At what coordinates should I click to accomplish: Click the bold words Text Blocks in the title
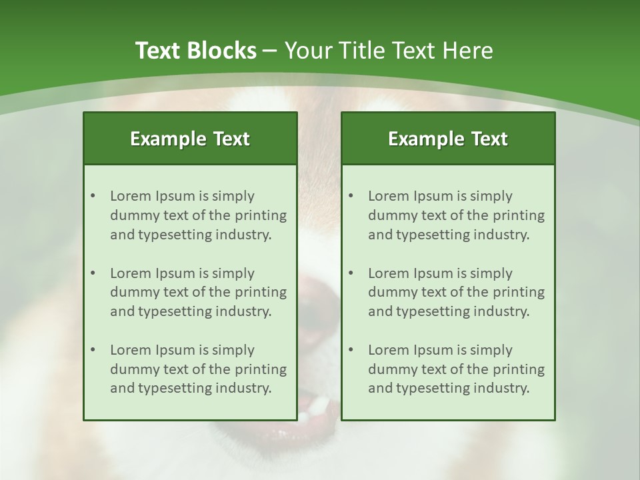(195, 51)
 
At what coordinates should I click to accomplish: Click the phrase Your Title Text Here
(389, 51)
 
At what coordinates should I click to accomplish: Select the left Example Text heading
(190, 139)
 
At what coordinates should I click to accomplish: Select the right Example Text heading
(448, 139)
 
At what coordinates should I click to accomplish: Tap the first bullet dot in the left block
(93, 196)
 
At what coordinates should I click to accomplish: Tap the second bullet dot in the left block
(93, 273)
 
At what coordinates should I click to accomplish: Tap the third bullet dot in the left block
(93, 350)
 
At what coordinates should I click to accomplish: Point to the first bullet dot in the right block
(351, 196)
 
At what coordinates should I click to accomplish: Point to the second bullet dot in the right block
(351, 273)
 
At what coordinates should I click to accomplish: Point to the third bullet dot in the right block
(351, 350)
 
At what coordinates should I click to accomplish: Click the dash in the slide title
(270, 51)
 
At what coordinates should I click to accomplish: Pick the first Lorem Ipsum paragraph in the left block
(198, 215)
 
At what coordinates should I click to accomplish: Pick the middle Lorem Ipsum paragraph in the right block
(456, 292)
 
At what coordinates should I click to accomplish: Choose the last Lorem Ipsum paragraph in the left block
(198, 369)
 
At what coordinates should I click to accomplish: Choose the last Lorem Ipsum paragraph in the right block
(456, 369)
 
